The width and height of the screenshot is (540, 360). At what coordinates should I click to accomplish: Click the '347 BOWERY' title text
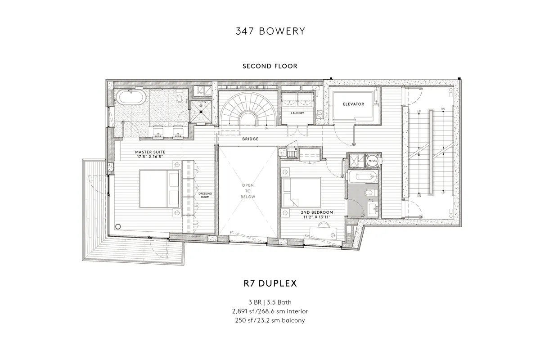coord(270,31)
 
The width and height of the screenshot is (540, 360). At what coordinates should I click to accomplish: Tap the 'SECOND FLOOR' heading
coord(270,66)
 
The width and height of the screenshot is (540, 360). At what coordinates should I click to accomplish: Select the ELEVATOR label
coord(353,104)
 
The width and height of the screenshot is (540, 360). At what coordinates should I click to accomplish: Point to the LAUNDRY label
coord(297,113)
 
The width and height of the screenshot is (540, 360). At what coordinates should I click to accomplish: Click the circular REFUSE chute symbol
coord(373,160)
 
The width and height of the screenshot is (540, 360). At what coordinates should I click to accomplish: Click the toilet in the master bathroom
coord(180,96)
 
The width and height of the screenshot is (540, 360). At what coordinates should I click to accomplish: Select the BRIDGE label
coord(250,139)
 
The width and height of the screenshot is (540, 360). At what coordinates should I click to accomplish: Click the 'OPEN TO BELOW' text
coord(248,191)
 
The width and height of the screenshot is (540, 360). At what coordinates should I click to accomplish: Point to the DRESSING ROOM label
coord(205,195)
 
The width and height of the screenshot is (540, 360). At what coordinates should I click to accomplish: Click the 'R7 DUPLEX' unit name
coord(270,284)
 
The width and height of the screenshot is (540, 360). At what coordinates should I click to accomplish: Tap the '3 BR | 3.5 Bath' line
coord(270,302)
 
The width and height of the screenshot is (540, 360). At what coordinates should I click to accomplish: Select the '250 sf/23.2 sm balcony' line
coord(270,320)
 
